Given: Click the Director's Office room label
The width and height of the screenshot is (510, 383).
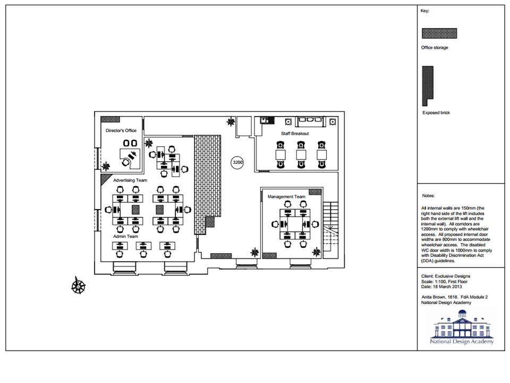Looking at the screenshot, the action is (121, 131).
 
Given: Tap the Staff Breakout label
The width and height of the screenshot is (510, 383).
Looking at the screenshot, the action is (295, 134).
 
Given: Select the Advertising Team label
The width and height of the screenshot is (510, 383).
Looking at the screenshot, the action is (130, 180).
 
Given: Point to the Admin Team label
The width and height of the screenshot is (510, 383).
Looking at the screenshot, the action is (125, 236).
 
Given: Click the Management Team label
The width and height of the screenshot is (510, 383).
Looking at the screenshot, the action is (286, 197).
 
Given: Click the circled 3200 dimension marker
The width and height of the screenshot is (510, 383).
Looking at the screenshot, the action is (237, 163).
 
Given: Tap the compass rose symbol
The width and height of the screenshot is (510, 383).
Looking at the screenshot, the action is (79, 286).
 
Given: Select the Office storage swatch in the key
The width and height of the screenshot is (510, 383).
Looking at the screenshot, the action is (439, 33).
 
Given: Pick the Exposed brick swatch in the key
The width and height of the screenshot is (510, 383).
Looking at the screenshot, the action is (427, 85).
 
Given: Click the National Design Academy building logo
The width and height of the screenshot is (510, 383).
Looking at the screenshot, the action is (462, 327).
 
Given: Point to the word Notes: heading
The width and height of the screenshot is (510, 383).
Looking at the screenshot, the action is (428, 196).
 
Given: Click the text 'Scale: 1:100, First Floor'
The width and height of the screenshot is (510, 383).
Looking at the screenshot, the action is (444, 281).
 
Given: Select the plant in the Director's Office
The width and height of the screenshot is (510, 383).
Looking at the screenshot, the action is (106, 166).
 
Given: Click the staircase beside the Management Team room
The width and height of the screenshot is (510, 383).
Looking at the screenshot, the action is (331, 227).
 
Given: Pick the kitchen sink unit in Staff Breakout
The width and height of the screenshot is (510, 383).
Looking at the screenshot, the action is (267, 121).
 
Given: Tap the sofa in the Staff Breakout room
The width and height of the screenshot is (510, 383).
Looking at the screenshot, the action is (310, 121).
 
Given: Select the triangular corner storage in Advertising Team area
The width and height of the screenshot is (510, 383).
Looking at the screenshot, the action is (105, 179).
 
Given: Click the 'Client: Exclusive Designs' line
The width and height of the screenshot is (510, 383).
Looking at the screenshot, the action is (446, 276).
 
